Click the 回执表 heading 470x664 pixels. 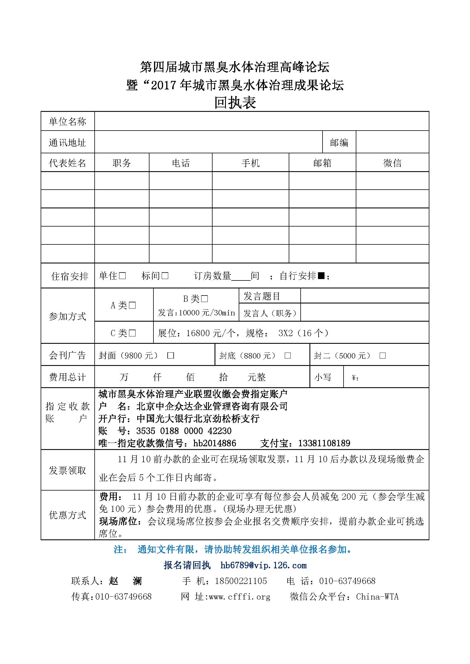(235, 103)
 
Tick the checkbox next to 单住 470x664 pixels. (122, 276)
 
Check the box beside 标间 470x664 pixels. (165, 276)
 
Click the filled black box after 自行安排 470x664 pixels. (321, 276)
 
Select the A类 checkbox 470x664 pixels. (132, 305)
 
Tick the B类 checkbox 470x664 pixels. (204, 298)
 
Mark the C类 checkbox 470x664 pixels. (132, 333)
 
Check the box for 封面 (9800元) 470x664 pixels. (171, 355)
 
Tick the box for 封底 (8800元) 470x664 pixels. (288, 355)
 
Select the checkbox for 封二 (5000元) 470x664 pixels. (382, 355)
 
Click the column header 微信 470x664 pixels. (392, 163)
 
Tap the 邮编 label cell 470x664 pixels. (339, 143)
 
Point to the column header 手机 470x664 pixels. (250, 163)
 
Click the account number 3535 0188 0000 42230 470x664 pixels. (184, 431)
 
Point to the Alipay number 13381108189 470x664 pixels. (324, 443)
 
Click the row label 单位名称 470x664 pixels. (67, 122)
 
